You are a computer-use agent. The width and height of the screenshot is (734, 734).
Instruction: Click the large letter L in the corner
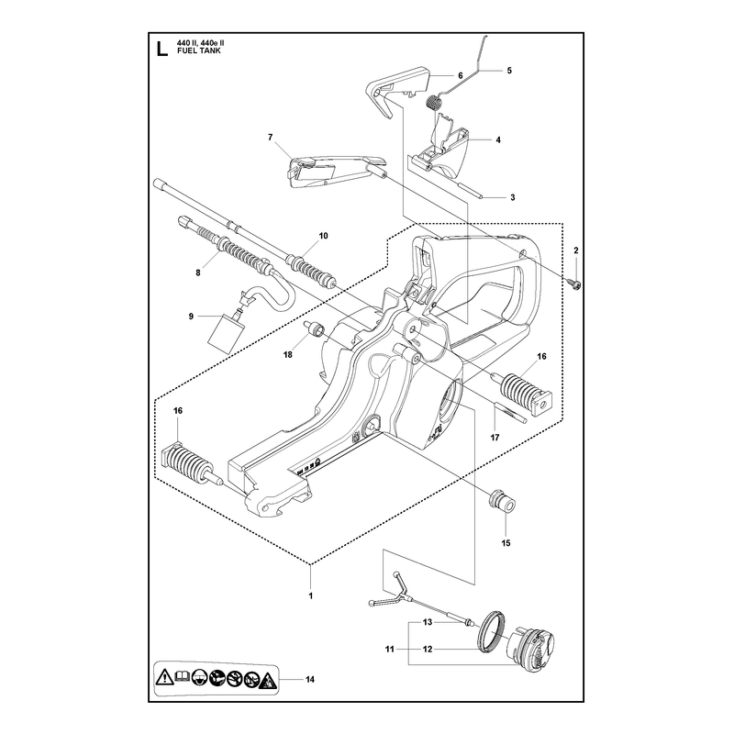162,50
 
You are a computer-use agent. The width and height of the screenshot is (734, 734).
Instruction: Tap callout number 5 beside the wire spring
509,71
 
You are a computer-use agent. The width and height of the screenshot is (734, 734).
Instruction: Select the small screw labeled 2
576,284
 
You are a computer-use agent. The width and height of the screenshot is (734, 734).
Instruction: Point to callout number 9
191,317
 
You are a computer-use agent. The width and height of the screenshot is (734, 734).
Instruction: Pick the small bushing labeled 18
314,328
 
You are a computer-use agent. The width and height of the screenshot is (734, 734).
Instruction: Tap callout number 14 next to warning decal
310,679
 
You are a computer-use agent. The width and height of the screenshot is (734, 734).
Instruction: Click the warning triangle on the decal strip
165,677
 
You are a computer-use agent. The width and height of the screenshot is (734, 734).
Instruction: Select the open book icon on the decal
182,676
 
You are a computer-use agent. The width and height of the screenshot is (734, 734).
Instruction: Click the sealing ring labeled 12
492,632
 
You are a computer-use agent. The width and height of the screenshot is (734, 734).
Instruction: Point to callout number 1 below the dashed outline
310,595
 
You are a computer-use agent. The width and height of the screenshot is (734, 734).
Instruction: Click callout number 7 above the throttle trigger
270,137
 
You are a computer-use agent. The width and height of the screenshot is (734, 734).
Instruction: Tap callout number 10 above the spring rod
324,236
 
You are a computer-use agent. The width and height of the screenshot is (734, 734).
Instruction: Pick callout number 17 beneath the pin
495,438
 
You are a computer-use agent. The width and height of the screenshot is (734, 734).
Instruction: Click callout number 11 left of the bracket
389,650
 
